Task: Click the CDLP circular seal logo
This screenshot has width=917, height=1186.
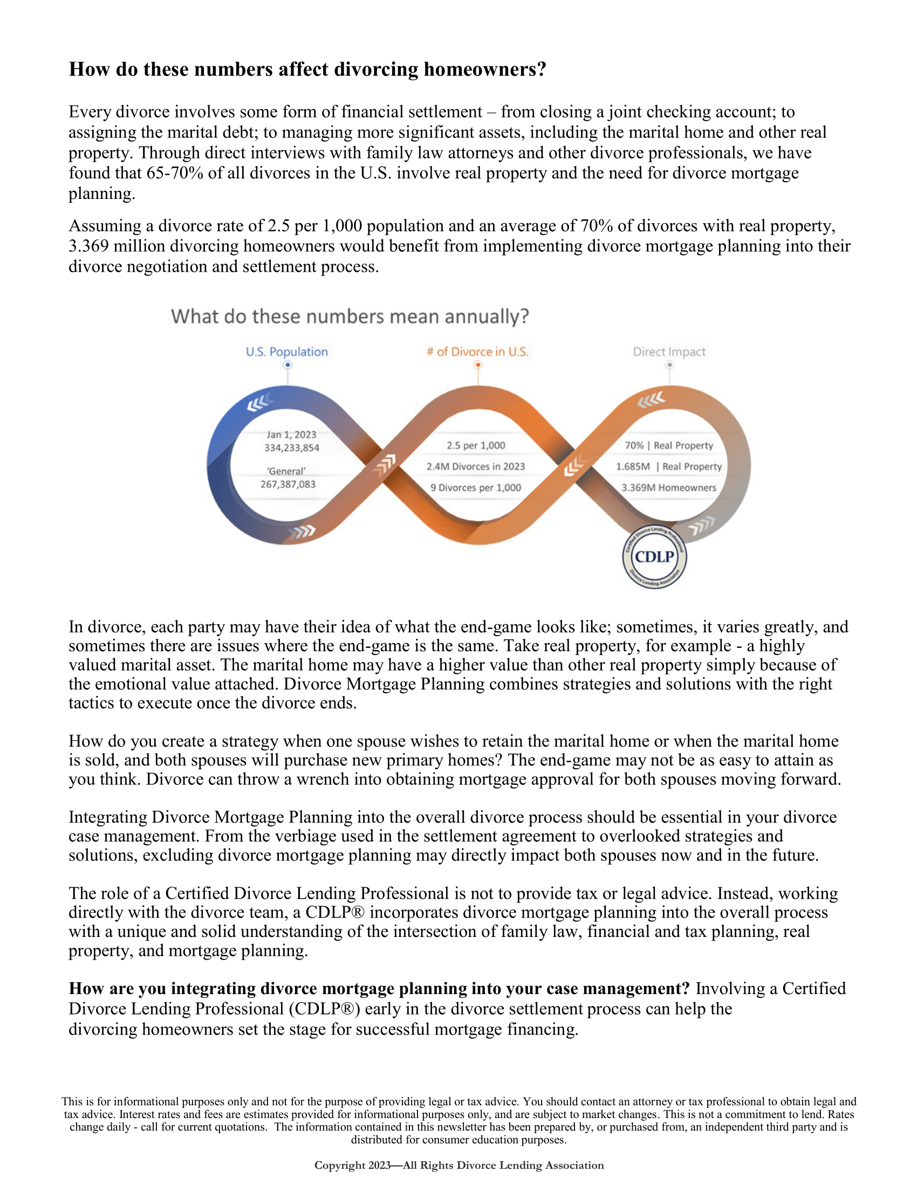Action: coord(654,557)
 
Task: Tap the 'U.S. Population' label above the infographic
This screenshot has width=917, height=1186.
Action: coord(287,352)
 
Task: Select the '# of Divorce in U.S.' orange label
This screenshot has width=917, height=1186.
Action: coord(477,352)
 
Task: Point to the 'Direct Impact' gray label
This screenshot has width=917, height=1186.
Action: coord(669,352)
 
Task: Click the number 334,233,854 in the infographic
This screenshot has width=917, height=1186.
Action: coord(292,448)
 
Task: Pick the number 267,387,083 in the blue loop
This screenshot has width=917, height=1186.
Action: coord(288,485)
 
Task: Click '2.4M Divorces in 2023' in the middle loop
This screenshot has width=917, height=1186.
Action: coord(476,466)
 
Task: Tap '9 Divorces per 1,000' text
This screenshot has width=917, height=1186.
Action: coord(476,488)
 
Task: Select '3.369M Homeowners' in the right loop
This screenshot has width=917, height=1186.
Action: coord(669,488)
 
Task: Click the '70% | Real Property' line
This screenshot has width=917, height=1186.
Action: coord(669,445)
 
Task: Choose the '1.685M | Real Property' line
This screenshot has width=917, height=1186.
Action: coord(669,466)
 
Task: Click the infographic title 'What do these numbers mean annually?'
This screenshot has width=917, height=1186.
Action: coord(350,316)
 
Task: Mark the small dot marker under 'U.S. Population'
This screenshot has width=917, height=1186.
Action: coord(288,365)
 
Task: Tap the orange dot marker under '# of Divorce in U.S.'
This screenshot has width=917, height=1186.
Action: coord(478,365)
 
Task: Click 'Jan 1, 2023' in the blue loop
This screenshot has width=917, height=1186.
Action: coord(291,435)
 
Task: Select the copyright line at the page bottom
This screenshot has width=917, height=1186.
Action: coord(459,1165)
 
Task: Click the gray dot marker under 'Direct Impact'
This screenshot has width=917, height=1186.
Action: coord(670,365)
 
